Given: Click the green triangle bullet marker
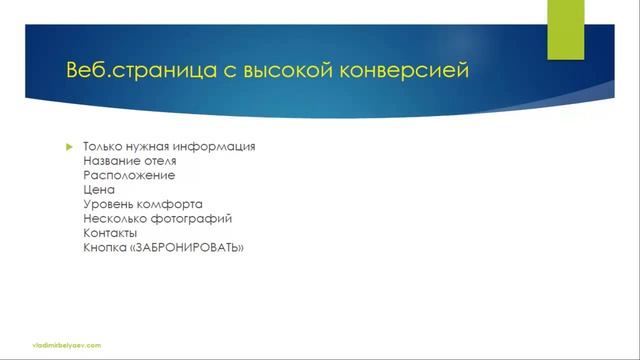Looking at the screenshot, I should pyautogui.click(x=69, y=146).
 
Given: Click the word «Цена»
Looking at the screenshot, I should pyautogui.click(x=99, y=189).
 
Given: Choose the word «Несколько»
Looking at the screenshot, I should pyautogui.click(x=114, y=218).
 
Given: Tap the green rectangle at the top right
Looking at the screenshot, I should pyautogui.click(x=564, y=28).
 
